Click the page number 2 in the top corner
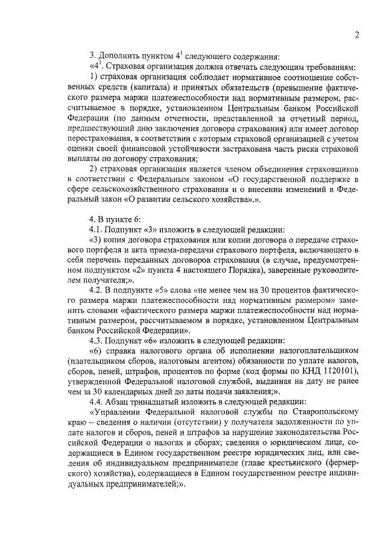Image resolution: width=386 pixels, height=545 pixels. pyautogui.click(x=357, y=34)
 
